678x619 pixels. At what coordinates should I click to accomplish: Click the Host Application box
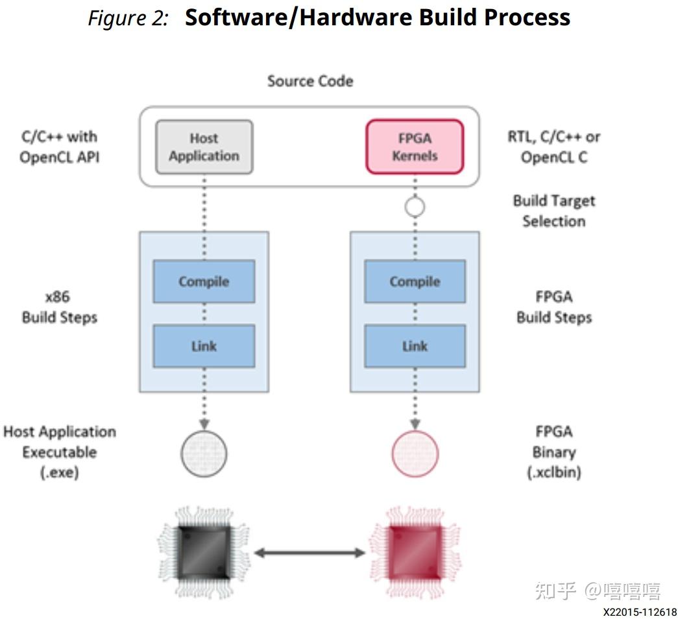[204, 147]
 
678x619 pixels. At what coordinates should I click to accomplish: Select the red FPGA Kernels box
[415, 147]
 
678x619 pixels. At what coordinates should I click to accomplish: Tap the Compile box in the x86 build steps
[204, 282]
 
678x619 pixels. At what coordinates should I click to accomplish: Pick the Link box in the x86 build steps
[204, 346]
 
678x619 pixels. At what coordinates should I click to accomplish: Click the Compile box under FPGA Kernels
[415, 282]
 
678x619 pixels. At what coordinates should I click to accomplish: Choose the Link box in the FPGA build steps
[415, 346]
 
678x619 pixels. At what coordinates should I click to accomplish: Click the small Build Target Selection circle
[415, 207]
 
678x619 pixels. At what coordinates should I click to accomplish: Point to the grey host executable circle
[204, 453]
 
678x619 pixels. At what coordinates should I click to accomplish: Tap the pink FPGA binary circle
[415, 453]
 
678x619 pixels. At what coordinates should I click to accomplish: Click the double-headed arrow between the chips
[309, 553]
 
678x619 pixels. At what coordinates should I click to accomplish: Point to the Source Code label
[310, 81]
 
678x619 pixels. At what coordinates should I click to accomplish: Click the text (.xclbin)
[553, 472]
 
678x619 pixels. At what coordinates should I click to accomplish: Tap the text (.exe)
[60, 472]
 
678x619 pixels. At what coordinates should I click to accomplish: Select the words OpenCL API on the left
[60, 157]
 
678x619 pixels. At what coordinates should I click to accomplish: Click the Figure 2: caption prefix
[128, 18]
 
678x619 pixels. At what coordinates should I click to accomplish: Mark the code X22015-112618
[639, 612]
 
